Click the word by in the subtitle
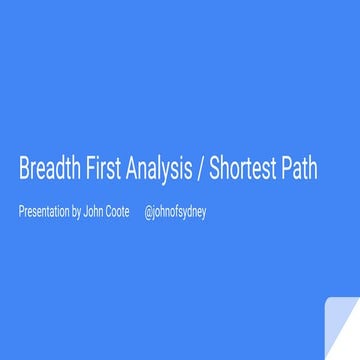[x=77, y=212]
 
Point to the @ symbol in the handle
[x=148, y=212]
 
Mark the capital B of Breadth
[x=24, y=169]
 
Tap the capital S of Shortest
[x=214, y=169]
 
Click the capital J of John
[x=86, y=211]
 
